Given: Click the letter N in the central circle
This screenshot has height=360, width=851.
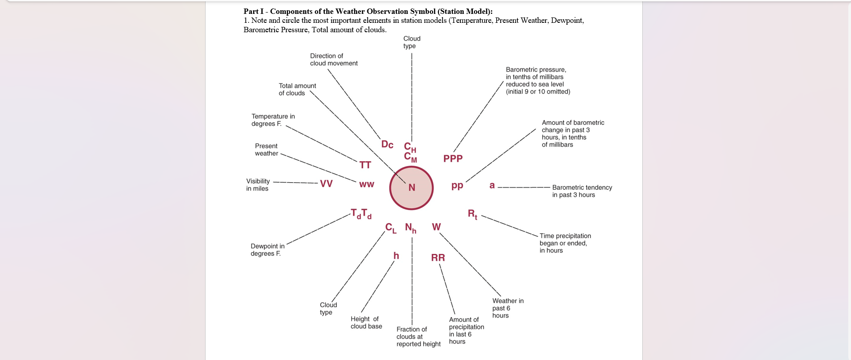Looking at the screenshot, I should (412, 188).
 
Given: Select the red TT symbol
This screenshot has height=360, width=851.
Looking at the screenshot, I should (365, 165).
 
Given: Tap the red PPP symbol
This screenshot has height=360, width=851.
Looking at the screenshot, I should (453, 159).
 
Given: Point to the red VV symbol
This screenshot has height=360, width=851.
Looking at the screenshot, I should (326, 184).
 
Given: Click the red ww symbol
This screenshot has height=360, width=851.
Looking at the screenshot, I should (366, 184).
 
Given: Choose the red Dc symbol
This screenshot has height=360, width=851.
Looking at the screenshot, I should (387, 145).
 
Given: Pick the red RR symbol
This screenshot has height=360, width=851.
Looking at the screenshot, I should (438, 257).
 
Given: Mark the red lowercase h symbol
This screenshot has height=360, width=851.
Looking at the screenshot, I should (396, 256).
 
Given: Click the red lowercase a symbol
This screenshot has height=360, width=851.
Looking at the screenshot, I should (492, 185).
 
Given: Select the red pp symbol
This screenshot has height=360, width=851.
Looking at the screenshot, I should (457, 185).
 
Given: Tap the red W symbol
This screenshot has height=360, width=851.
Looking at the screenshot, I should (436, 227).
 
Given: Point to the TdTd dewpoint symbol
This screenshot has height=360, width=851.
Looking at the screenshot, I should (361, 214).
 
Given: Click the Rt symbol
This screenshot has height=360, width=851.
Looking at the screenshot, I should (473, 214).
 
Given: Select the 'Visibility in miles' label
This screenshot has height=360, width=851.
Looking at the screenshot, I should (258, 185).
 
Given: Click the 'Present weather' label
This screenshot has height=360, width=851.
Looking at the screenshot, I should (266, 150).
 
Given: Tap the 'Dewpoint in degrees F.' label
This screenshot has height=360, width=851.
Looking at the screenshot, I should (267, 250).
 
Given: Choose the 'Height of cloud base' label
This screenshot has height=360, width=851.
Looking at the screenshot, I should (366, 322).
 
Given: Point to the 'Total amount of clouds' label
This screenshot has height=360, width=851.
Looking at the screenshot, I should (297, 90).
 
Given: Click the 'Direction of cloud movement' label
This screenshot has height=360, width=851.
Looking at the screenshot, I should (334, 60).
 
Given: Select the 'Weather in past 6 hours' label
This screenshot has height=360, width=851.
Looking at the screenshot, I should (507, 308).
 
